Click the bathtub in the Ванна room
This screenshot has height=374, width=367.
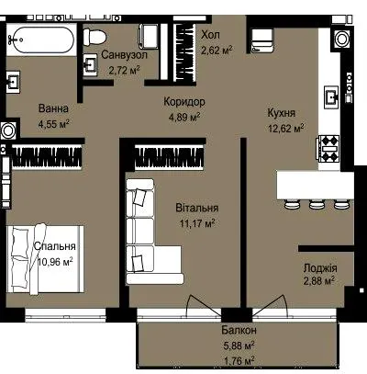[x=41, y=40]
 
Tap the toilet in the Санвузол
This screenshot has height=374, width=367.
[x=95, y=37]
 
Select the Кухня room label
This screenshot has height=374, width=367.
[x=282, y=113]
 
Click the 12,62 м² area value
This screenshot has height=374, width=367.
[x=286, y=128]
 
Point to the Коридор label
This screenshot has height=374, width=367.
[x=184, y=102]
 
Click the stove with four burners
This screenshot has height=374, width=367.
[x=329, y=148]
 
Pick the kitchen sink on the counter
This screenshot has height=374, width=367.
[x=332, y=96]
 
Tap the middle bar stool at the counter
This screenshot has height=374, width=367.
[x=317, y=204]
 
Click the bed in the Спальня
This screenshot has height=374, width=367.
[x=45, y=259]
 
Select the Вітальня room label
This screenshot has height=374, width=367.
[x=197, y=208]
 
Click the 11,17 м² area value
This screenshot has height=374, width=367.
[x=197, y=223]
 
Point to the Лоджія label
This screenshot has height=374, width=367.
[x=320, y=268]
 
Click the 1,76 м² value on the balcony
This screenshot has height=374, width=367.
[x=239, y=361]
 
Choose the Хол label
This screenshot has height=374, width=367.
[x=210, y=35]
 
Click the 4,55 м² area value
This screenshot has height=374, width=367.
[x=54, y=124]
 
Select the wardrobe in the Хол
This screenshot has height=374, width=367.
[x=184, y=52]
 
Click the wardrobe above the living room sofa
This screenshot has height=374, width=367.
[x=169, y=157]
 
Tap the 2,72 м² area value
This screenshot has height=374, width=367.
[x=125, y=71]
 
